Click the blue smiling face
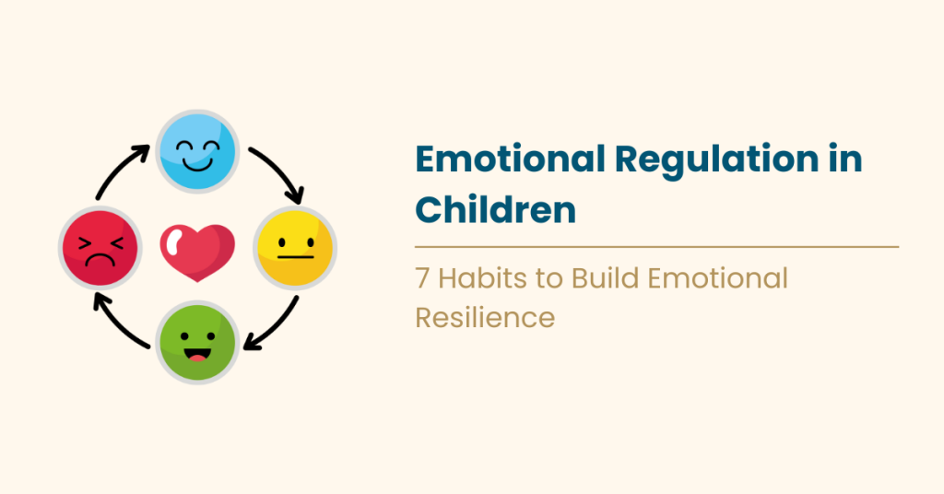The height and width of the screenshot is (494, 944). click(196, 149)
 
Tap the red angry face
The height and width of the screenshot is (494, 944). click(100, 247)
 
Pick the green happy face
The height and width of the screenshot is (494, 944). click(197, 343)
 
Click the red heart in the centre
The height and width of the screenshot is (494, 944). click(197, 249)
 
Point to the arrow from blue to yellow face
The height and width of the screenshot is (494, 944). click(277, 173)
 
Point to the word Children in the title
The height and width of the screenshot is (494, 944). click(495, 209)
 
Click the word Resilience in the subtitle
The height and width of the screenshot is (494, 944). click(485, 317)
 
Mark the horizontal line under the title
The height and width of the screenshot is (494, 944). click(656, 247)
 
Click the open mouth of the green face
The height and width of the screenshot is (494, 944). click(197, 354)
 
